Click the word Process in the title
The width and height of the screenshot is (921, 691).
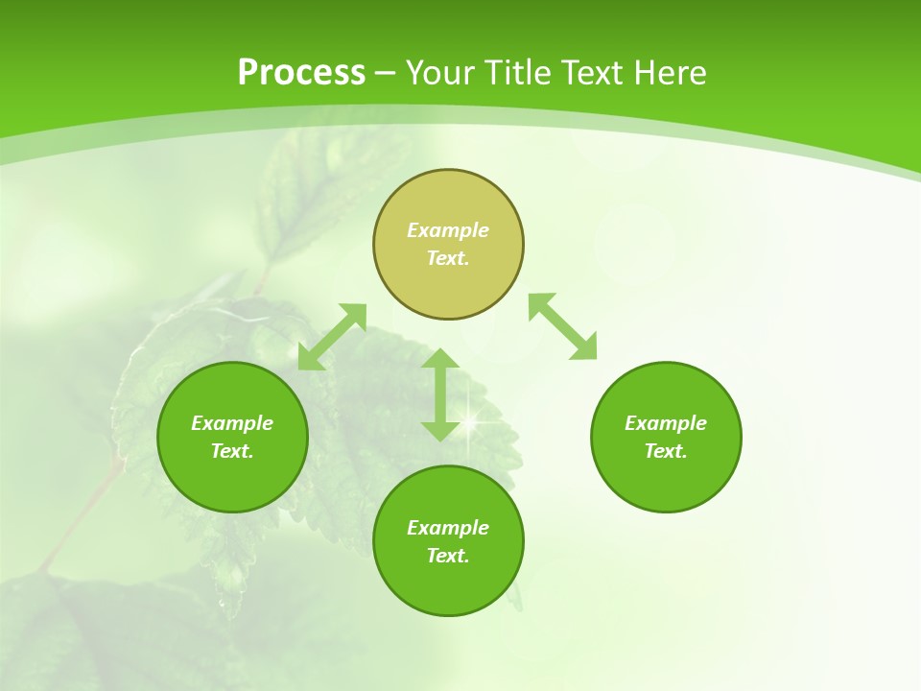301,73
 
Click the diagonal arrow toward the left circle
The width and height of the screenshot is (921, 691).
332,337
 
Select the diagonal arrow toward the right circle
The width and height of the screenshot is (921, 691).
563,326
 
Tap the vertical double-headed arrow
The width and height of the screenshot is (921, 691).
440,394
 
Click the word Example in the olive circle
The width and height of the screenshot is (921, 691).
448,230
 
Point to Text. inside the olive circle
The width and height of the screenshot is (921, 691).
448,258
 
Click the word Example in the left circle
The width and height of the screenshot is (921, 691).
232,423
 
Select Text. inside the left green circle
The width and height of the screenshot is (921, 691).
232,451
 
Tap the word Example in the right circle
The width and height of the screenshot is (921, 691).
666,423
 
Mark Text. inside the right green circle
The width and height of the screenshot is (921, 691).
666,451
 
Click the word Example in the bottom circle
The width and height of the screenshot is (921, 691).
448,528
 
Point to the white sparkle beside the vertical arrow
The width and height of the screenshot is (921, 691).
473,416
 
